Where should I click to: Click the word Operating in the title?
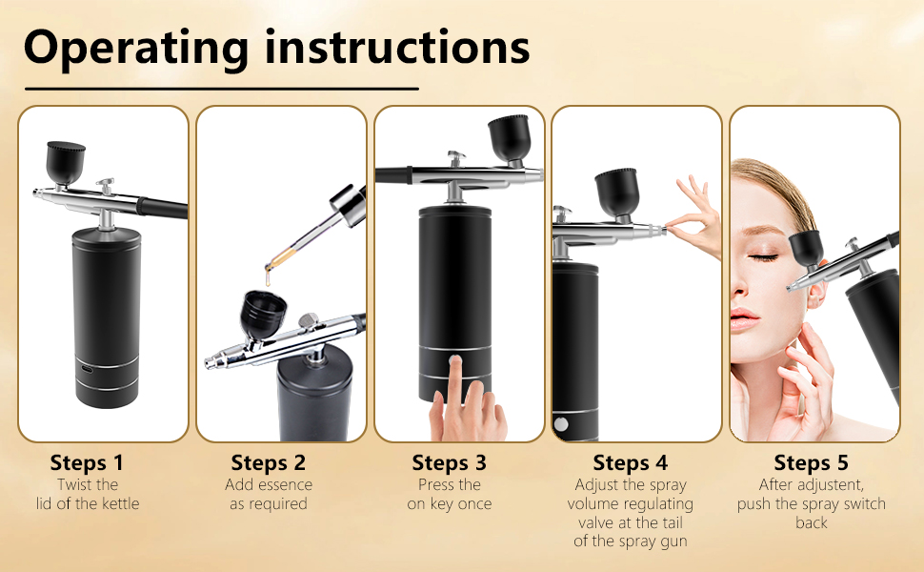[x=136, y=50]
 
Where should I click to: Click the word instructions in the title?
[x=398, y=46]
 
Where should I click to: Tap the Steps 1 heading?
[x=88, y=463]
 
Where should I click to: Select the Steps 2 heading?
[x=269, y=463]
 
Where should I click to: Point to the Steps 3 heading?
[x=450, y=463]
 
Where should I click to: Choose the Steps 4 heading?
[x=631, y=463]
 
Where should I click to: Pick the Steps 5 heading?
[x=812, y=463]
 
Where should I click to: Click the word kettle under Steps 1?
[x=121, y=503]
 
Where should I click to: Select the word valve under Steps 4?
[x=595, y=522]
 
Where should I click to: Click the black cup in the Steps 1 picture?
[x=66, y=163]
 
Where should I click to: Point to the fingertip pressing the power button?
[x=454, y=360]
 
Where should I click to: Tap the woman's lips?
[x=744, y=318]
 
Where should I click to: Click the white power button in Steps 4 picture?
[x=561, y=424]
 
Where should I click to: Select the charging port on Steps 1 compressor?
[x=88, y=369]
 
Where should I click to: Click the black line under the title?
[x=222, y=89]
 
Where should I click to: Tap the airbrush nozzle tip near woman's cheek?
[x=790, y=288]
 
